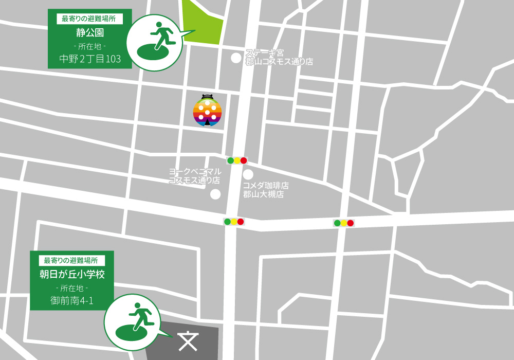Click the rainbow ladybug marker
click(207, 112)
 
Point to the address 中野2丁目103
click(90, 59)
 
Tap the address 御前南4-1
click(71, 300)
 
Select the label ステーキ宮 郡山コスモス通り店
click(279, 57)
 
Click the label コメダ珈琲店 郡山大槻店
click(266, 190)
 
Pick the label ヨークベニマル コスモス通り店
click(195, 176)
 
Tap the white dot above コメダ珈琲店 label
click(248, 175)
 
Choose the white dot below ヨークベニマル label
click(215, 194)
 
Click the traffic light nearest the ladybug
click(237, 160)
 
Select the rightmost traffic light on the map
click(344, 223)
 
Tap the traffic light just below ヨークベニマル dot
click(234, 222)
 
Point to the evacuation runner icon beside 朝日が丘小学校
click(132, 322)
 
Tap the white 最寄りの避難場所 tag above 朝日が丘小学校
click(72, 260)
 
